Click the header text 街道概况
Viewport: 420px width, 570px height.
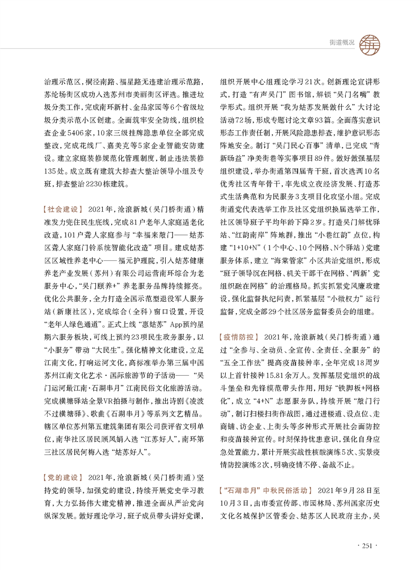[337, 42]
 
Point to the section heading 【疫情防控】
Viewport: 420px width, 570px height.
[236, 337]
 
